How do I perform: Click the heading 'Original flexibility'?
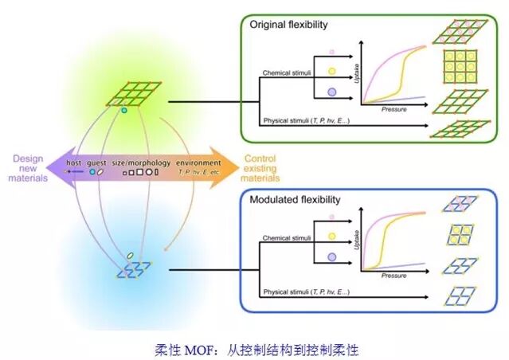(288, 25)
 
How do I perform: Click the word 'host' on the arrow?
(74, 162)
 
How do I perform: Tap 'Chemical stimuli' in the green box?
(287, 74)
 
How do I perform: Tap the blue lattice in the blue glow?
(127, 272)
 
